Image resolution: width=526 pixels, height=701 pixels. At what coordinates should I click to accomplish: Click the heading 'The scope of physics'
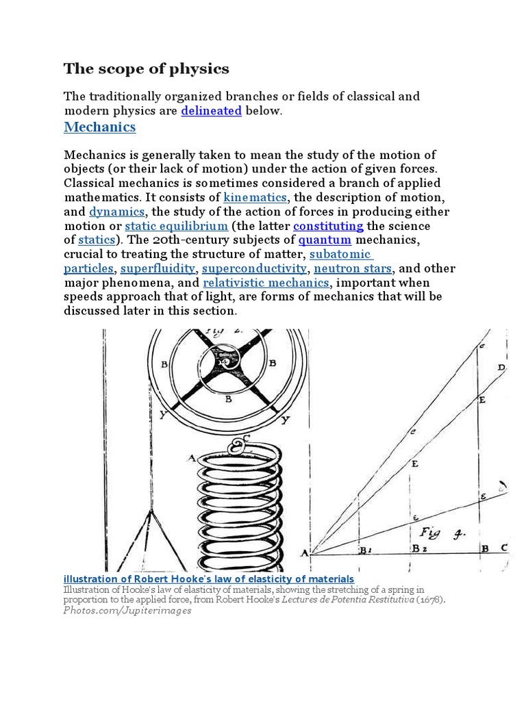click(x=147, y=69)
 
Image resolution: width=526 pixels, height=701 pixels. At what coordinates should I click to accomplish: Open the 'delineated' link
click(x=211, y=111)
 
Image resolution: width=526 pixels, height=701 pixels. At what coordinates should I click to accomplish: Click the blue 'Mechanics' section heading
click(x=100, y=127)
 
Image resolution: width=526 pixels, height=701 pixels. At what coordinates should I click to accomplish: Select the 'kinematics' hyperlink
click(x=255, y=198)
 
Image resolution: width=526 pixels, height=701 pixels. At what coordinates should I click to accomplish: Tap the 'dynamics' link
click(x=117, y=212)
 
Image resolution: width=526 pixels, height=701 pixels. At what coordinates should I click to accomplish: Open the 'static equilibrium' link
click(x=176, y=226)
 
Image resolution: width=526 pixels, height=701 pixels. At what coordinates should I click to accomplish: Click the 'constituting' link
click(x=328, y=226)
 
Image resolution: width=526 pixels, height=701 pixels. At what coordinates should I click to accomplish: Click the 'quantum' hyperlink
click(x=325, y=240)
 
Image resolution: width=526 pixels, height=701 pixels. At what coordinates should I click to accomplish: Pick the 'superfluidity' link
click(x=158, y=268)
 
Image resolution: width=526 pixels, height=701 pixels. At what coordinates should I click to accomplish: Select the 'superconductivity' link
click(x=254, y=268)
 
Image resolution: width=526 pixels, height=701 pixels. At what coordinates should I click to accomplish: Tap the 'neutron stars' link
click(x=353, y=268)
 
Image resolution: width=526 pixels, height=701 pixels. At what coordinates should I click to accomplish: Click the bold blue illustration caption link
click(x=209, y=579)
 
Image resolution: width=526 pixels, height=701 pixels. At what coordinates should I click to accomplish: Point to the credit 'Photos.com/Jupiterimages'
click(x=127, y=611)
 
